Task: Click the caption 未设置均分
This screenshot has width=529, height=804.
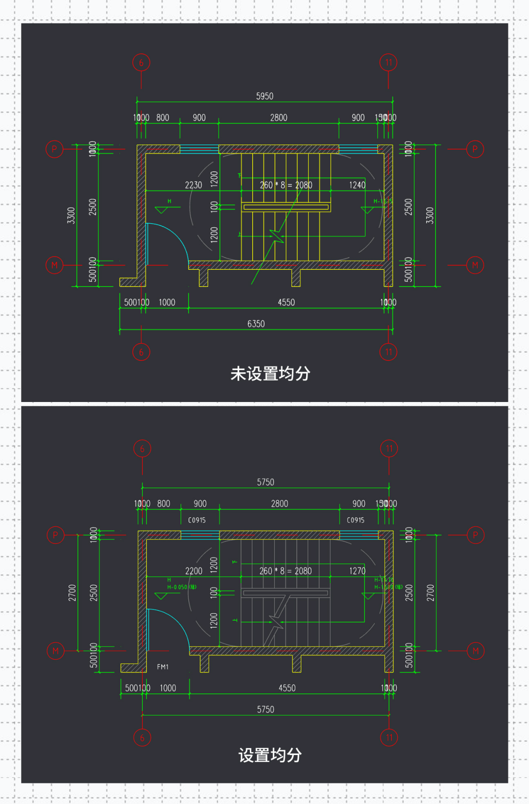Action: [270, 374]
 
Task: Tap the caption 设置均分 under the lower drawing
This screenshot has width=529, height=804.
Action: [270, 755]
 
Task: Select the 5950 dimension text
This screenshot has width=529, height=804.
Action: [264, 96]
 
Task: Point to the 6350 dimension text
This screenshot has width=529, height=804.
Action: [256, 324]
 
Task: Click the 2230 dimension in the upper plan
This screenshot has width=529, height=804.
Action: [193, 185]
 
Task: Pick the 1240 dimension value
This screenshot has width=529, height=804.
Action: [357, 185]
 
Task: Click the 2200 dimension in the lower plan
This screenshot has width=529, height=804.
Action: [193, 571]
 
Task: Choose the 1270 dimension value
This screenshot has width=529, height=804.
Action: [357, 571]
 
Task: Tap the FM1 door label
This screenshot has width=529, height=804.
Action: [163, 667]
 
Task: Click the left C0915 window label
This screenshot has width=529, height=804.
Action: [197, 520]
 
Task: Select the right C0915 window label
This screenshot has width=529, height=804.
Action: [356, 520]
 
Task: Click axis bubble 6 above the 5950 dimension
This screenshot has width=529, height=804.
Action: [141, 63]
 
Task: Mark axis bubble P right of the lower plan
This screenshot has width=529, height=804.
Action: [475, 535]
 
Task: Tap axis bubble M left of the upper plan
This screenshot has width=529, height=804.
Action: [54, 265]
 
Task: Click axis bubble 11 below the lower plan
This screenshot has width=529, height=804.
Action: [389, 737]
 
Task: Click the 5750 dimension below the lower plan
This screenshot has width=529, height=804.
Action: [265, 709]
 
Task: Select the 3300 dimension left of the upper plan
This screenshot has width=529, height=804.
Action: [72, 215]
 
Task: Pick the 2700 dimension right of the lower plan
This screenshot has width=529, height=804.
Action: [430, 592]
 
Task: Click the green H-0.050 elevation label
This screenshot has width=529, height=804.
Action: [181, 587]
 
